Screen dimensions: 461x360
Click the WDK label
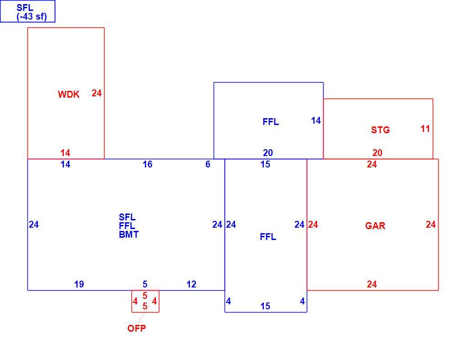[68, 94]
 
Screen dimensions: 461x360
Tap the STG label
[380, 130]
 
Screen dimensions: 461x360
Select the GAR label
[375, 226]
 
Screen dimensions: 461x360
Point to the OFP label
[136, 328]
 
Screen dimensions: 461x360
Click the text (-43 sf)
[32, 16]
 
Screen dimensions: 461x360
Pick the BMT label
[128, 235]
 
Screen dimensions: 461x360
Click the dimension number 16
[147, 164]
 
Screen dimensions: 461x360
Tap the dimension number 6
[208, 164]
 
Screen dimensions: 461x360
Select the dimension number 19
[79, 284]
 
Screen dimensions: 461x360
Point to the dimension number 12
[191, 284]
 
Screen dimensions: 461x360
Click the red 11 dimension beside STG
[425, 129]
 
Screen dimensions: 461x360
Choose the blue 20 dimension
[267, 153]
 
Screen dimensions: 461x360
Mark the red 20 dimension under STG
[377, 153]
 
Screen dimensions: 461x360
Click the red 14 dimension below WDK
[65, 153]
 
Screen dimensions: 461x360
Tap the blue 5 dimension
[145, 284]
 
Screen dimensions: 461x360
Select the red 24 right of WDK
[96, 93]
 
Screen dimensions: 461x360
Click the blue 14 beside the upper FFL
[316, 120]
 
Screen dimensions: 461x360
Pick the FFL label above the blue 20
[271, 122]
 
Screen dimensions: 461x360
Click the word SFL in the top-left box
[25, 8]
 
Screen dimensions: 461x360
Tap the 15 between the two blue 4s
[265, 306]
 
